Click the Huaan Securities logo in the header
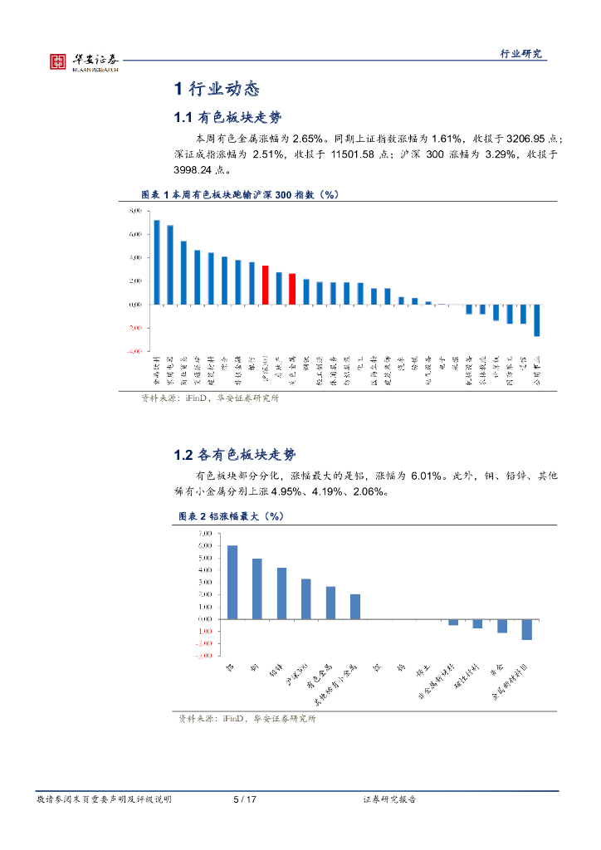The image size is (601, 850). tap(83, 61)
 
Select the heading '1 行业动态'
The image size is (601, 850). tap(217, 89)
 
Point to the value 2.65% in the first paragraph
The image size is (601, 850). tap(307, 138)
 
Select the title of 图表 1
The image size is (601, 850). tap(238, 194)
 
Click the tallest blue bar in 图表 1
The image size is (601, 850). tap(157, 261)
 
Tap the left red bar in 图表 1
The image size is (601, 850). tap(265, 285)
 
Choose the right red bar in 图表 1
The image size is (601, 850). tap(292, 289)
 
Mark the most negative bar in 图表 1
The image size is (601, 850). tap(536, 320)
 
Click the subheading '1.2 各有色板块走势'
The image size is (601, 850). tap(235, 455)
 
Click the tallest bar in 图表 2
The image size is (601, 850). tap(232, 581)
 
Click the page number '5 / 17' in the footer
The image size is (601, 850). tap(245, 799)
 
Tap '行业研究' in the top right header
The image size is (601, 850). tap(520, 54)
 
